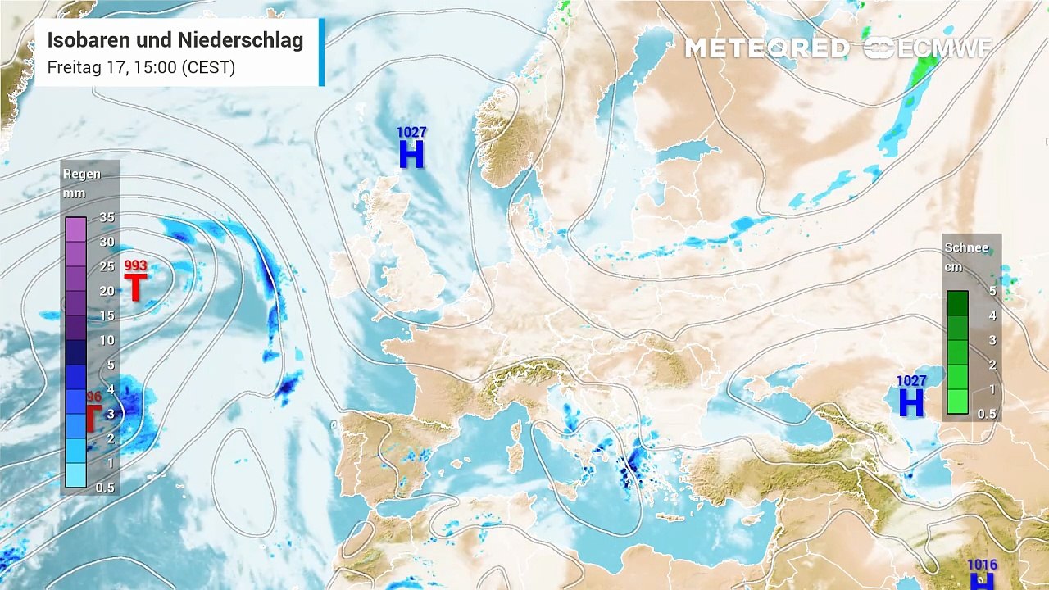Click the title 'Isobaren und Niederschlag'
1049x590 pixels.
pyautogui.click(x=175, y=40)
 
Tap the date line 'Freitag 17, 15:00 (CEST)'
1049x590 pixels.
pyautogui.click(x=141, y=67)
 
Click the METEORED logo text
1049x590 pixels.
pyautogui.click(x=766, y=48)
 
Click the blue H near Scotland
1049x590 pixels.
pyautogui.click(x=411, y=154)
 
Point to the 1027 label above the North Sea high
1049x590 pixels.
pyautogui.click(x=411, y=132)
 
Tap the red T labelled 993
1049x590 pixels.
pyautogui.click(x=135, y=288)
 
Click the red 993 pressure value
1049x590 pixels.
pyautogui.click(x=135, y=265)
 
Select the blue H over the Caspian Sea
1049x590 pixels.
pyautogui.click(x=911, y=403)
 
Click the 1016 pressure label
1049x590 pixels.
pyautogui.click(x=982, y=565)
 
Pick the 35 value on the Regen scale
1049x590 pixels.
pyautogui.click(x=107, y=217)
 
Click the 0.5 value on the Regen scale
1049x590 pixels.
pyautogui.click(x=105, y=488)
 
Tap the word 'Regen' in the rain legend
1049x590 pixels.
pyautogui.click(x=82, y=174)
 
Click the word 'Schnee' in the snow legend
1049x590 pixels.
pyautogui.click(x=966, y=247)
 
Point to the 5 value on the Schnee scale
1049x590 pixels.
pyautogui.click(x=992, y=291)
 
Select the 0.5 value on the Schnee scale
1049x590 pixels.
pyautogui.click(x=987, y=414)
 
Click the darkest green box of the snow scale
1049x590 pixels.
pyautogui.click(x=957, y=302)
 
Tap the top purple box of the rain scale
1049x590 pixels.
pyautogui.click(x=75, y=229)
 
